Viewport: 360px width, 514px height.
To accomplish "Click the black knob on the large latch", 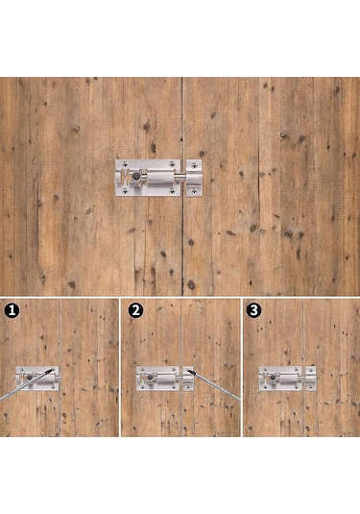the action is [135, 177].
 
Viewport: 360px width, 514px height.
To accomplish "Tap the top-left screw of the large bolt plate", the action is [126, 164].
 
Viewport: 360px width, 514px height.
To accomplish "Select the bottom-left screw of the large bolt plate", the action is [125, 191].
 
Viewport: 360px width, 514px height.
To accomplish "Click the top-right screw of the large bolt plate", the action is [172, 164].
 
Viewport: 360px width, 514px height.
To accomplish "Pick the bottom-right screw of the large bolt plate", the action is [172, 191].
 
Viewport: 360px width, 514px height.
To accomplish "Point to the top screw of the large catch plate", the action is [194, 165].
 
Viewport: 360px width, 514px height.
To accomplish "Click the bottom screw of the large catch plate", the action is [194, 190].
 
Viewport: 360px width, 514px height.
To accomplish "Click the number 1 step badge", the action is [12, 310].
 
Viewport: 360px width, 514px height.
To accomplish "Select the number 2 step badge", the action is [135, 310].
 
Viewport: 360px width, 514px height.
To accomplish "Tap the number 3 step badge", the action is [253, 310].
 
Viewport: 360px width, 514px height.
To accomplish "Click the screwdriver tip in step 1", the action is [51, 370].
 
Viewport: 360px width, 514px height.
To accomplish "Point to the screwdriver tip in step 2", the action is [191, 372].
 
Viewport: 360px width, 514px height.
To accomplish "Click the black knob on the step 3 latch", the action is [273, 378].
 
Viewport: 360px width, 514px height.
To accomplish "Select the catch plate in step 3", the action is [311, 379].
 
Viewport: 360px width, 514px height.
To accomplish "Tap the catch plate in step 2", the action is [188, 379].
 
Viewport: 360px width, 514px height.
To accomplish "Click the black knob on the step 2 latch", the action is [150, 378].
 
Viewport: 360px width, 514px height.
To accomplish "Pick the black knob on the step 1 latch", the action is [30, 378].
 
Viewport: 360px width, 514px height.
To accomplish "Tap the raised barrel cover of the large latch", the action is [159, 178].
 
